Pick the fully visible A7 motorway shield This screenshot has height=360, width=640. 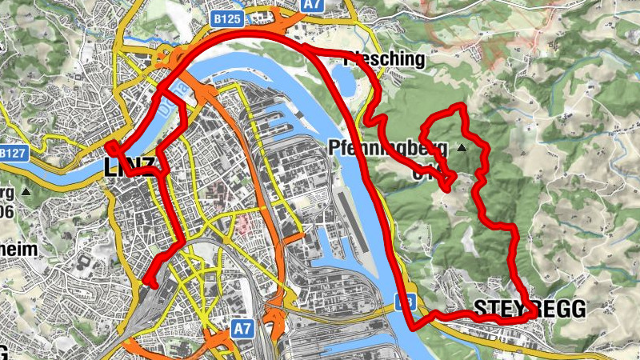click(x=243, y=328)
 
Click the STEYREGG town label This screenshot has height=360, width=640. click(x=530, y=308)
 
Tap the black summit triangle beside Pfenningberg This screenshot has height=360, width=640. click(x=462, y=148)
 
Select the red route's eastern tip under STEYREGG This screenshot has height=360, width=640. click(x=534, y=315)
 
